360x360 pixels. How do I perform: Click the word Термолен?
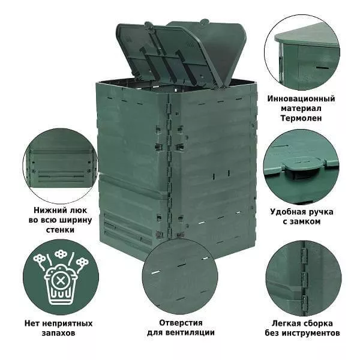point(301,118)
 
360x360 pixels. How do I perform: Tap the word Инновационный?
point(301,99)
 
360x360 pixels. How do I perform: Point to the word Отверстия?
point(181,323)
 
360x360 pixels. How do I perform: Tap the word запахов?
point(58,333)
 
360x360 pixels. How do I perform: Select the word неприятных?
point(67,323)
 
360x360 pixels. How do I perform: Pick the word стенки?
point(60,230)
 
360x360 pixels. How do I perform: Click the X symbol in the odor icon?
point(61,281)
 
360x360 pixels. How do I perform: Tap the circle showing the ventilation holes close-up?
point(180,276)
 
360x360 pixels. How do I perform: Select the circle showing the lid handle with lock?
point(301,167)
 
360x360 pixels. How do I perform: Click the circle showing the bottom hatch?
point(61,166)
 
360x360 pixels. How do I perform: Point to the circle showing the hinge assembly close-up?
point(303,278)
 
